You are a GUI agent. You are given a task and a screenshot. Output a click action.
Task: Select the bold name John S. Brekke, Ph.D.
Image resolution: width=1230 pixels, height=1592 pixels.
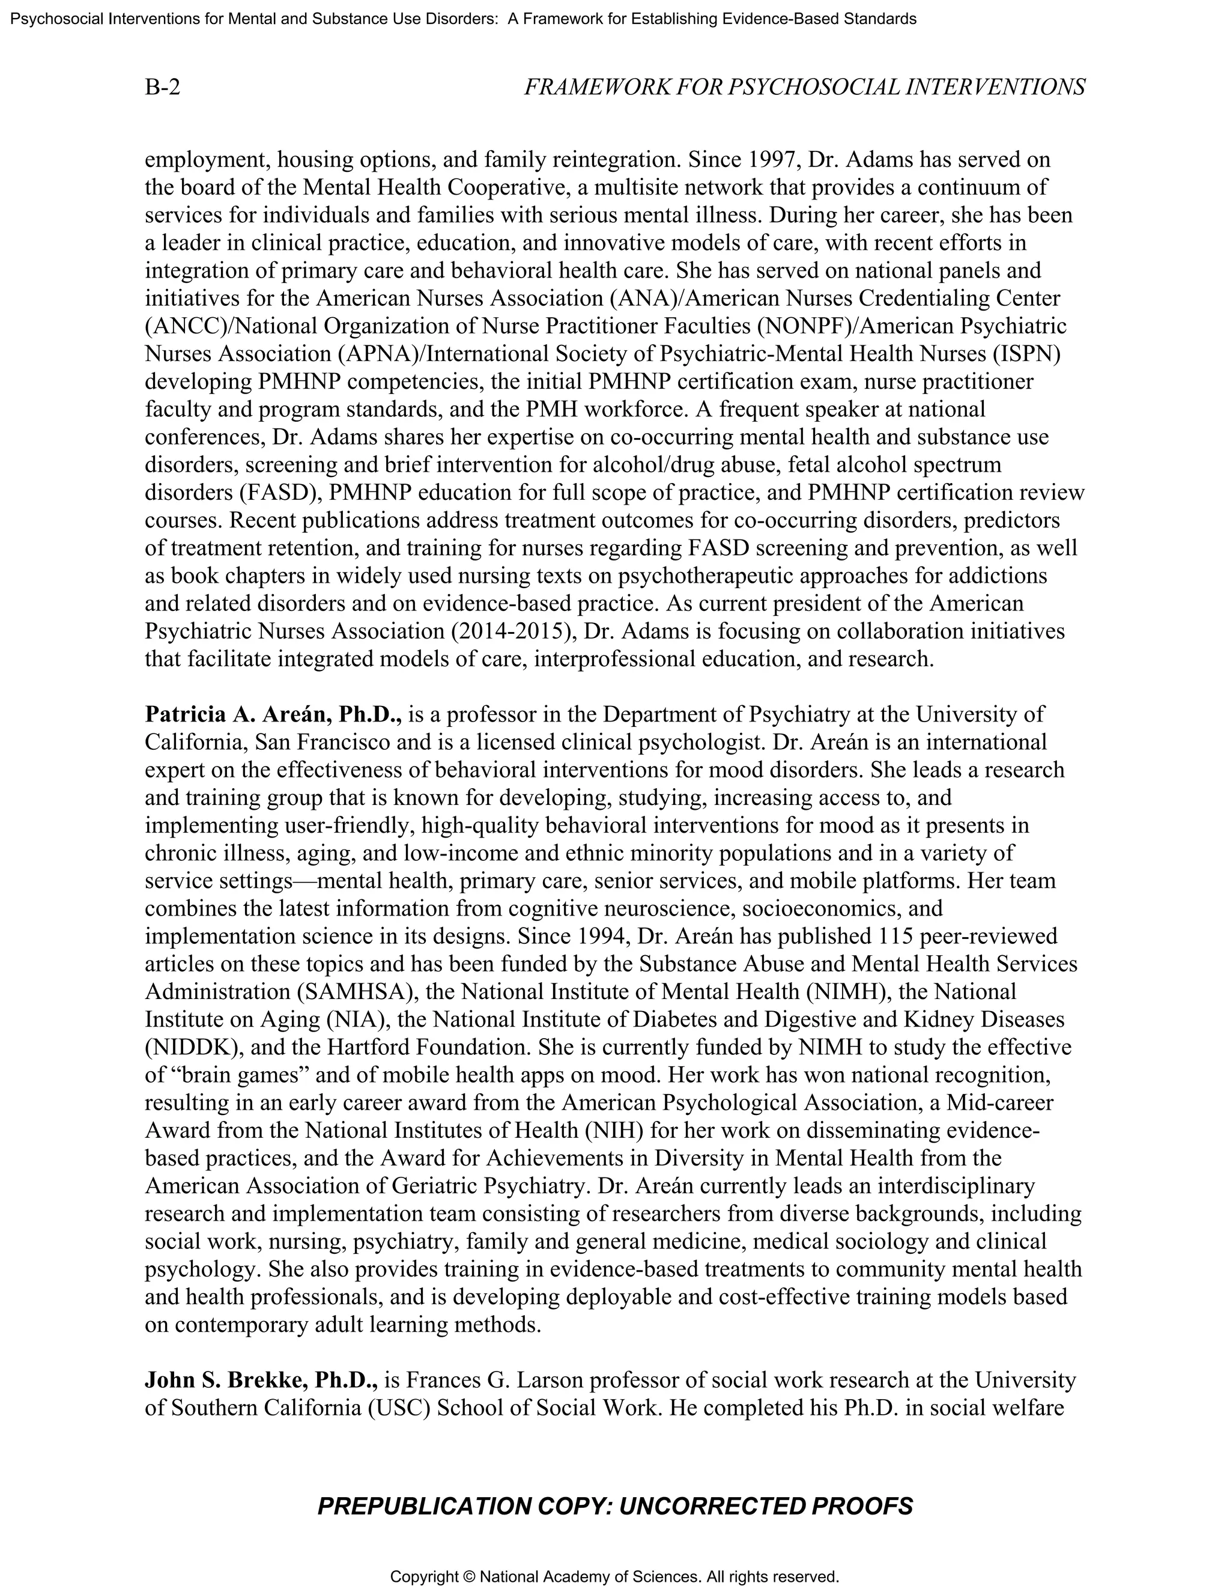[261, 1380]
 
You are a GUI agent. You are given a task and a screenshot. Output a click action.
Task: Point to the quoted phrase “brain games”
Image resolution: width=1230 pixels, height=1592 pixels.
[228, 1075]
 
